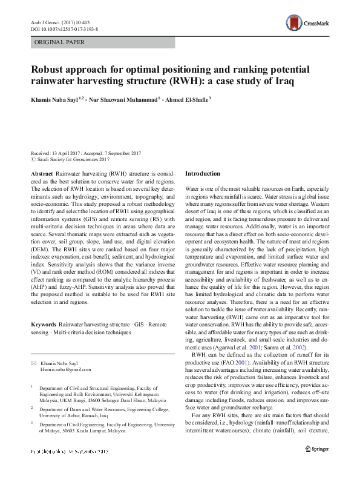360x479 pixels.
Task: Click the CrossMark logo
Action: (308, 22)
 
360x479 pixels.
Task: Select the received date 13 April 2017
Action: (65, 153)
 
